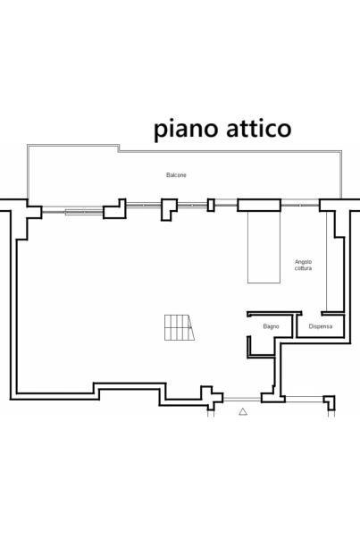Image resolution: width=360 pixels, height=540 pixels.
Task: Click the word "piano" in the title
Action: (186, 129)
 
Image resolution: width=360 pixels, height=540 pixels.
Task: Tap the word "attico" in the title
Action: (259, 128)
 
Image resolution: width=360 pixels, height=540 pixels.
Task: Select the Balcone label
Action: (176, 175)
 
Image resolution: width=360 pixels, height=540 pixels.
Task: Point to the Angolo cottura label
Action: (303, 266)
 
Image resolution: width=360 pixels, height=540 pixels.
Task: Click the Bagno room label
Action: (271, 326)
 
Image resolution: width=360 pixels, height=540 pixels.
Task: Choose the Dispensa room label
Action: (321, 326)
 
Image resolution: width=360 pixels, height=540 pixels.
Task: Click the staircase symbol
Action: (180, 327)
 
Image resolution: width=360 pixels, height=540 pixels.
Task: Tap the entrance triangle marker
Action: (243, 411)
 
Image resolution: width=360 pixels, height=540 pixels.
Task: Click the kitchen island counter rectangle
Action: (264, 247)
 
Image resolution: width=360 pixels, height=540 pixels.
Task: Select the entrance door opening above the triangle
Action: (242, 399)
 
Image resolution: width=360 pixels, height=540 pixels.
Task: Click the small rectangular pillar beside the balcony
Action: (211, 205)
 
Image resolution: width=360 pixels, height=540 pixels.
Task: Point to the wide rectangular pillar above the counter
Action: (259, 205)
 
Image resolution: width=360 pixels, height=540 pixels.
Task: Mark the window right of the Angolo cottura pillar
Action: (300, 205)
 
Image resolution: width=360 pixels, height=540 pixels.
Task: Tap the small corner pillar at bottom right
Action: (330, 402)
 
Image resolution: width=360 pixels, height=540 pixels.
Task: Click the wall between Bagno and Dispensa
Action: (294, 325)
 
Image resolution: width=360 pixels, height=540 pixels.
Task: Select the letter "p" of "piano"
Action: (160, 131)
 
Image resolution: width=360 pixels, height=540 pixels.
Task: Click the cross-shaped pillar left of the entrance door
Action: (212, 398)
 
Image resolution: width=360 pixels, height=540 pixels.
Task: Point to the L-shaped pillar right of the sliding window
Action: (115, 208)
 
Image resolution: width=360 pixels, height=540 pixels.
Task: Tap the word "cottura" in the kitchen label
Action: (303, 268)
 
